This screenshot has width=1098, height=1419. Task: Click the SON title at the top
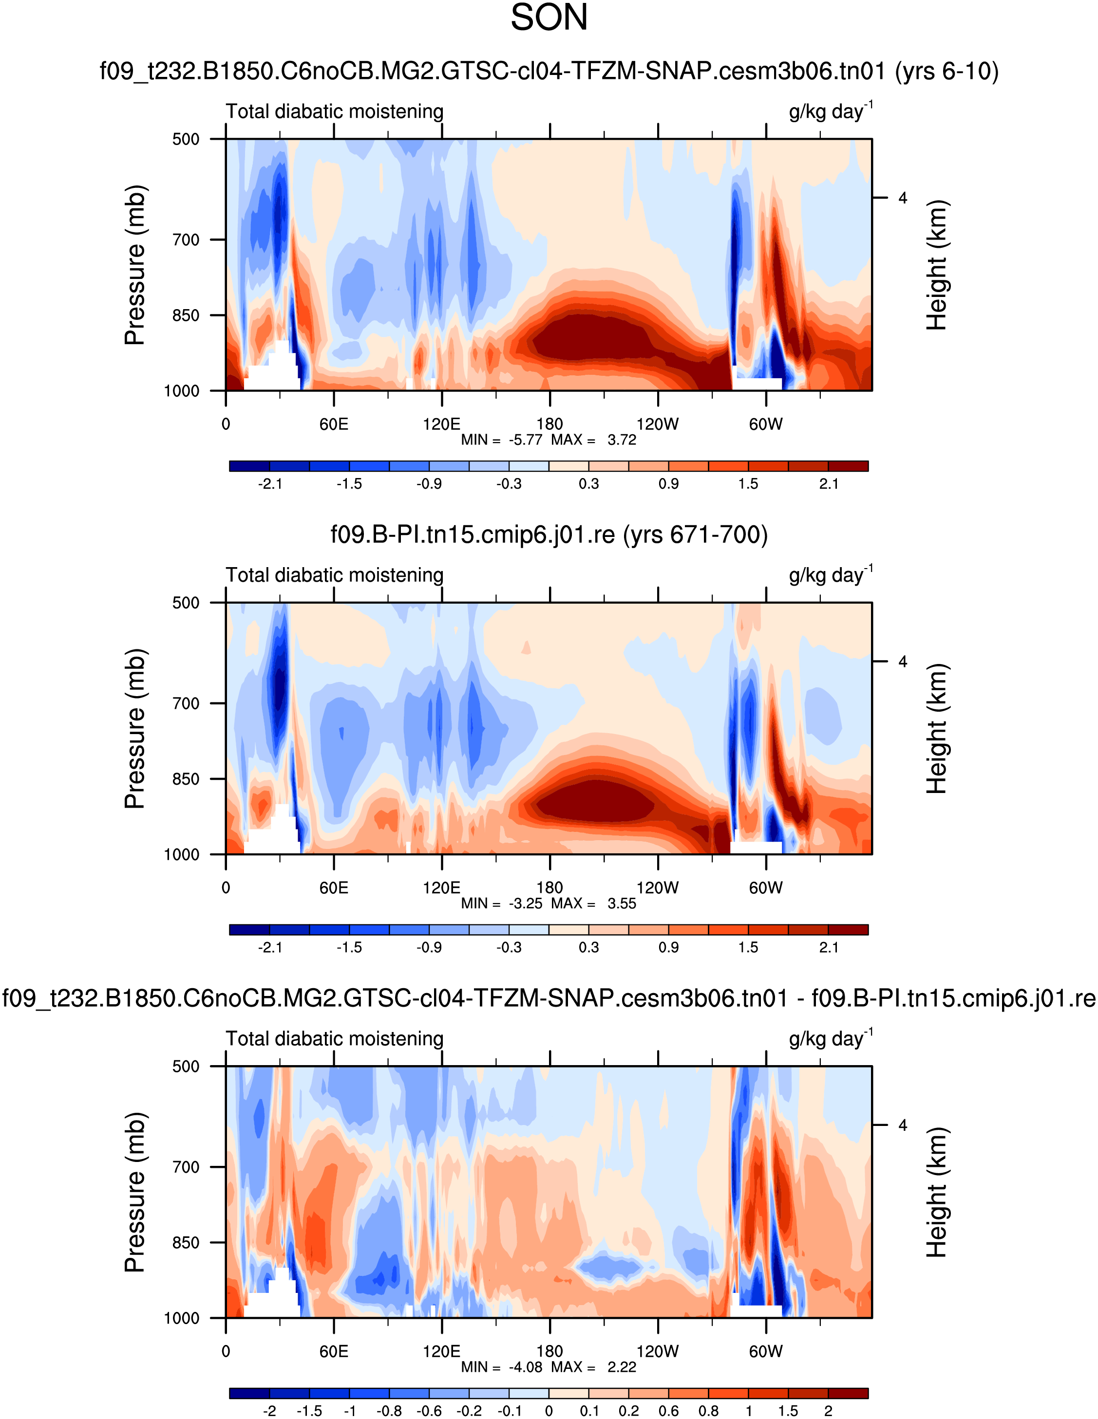pos(549,18)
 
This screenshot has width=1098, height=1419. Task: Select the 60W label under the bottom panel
pos(765,1351)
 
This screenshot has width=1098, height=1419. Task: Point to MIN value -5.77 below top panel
pos(525,440)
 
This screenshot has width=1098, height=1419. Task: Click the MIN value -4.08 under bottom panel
pos(525,1367)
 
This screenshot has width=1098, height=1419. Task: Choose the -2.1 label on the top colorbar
pos(270,483)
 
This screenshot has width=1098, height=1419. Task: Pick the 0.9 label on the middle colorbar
pos(668,947)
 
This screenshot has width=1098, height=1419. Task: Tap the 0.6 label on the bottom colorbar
pos(668,1411)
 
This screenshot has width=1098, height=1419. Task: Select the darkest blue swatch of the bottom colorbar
pos(249,1393)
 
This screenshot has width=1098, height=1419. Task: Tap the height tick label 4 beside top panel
pos(902,198)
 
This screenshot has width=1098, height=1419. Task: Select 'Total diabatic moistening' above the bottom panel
pos(334,1038)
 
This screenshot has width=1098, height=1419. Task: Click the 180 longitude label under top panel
pos(549,424)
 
